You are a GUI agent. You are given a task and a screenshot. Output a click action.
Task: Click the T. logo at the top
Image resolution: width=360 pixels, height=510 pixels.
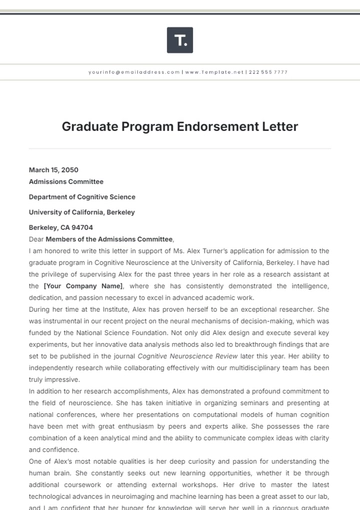tap(179, 40)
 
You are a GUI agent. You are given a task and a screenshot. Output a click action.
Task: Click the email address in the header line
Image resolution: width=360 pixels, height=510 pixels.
tap(126, 73)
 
